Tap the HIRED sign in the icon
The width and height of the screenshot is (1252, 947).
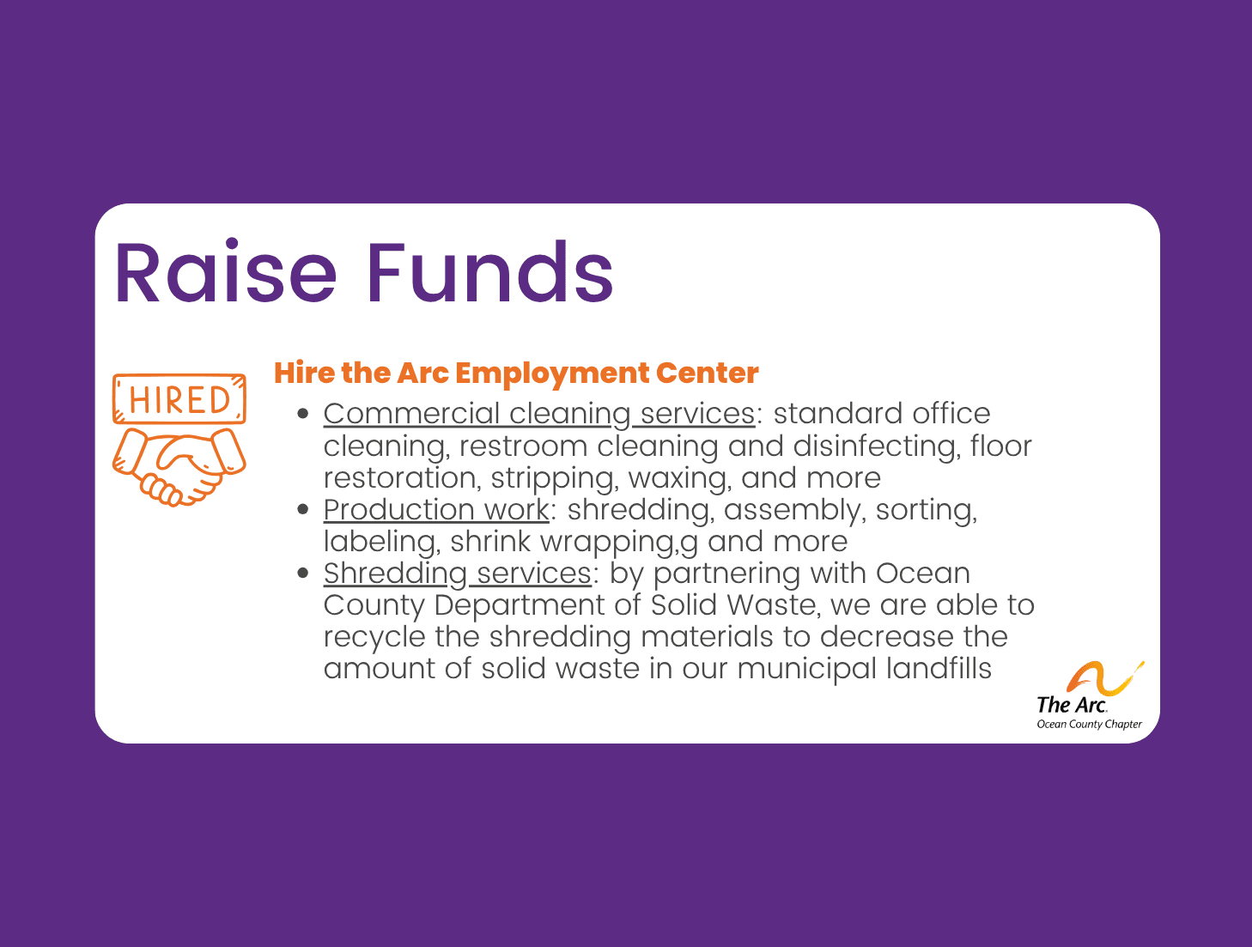[x=179, y=400]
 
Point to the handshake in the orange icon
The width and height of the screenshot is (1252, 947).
[x=179, y=465]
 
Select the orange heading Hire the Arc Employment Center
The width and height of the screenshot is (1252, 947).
[x=516, y=373]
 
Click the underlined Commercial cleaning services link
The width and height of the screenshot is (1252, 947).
[x=538, y=414]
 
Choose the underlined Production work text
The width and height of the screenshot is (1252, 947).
[x=435, y=510]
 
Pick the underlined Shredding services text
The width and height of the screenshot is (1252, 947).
[x=457, y=574]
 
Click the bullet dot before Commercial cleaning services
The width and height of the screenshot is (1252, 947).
[x=302, y=414]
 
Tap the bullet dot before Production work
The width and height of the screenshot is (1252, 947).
[x=302, y=510]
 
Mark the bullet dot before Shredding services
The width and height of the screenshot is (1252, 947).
[x=302, y=574]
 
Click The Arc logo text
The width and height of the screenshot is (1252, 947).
[x=1071, y=705]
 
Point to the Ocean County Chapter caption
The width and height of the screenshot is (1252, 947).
[x=1089, y=725]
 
